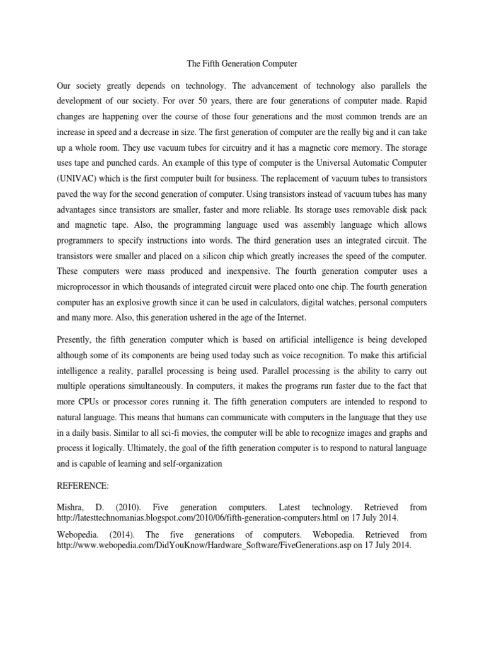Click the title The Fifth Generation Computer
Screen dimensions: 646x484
click(242, 64)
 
